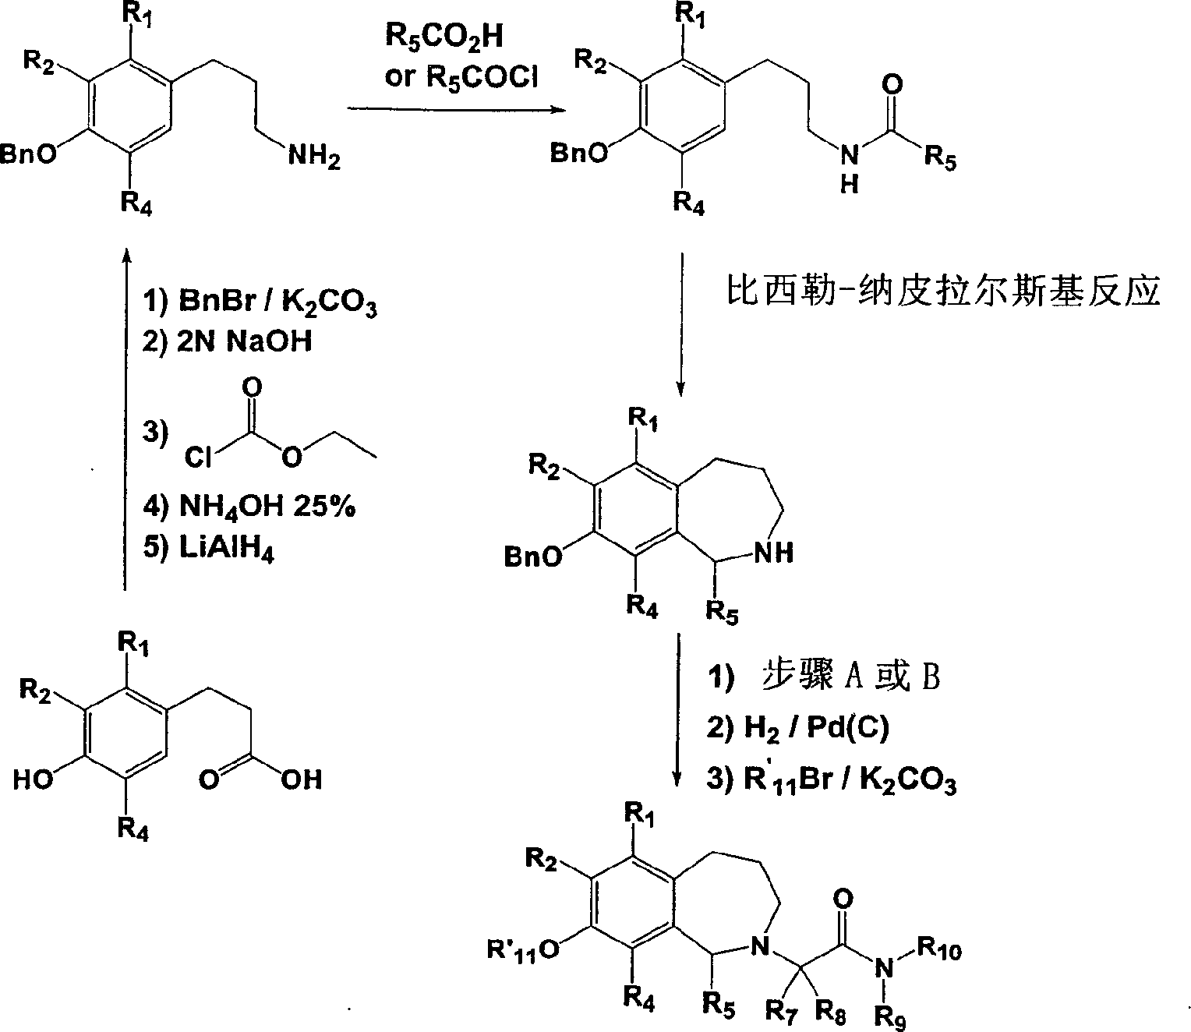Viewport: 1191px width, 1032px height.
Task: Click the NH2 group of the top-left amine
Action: click(x=314, y=158)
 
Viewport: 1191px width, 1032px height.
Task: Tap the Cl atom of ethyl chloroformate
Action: click(x=198, y=458)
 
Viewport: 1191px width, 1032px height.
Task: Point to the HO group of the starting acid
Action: click(x=34, y=779)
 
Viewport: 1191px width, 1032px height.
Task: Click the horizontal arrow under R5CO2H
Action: click(x=456, y=110)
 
